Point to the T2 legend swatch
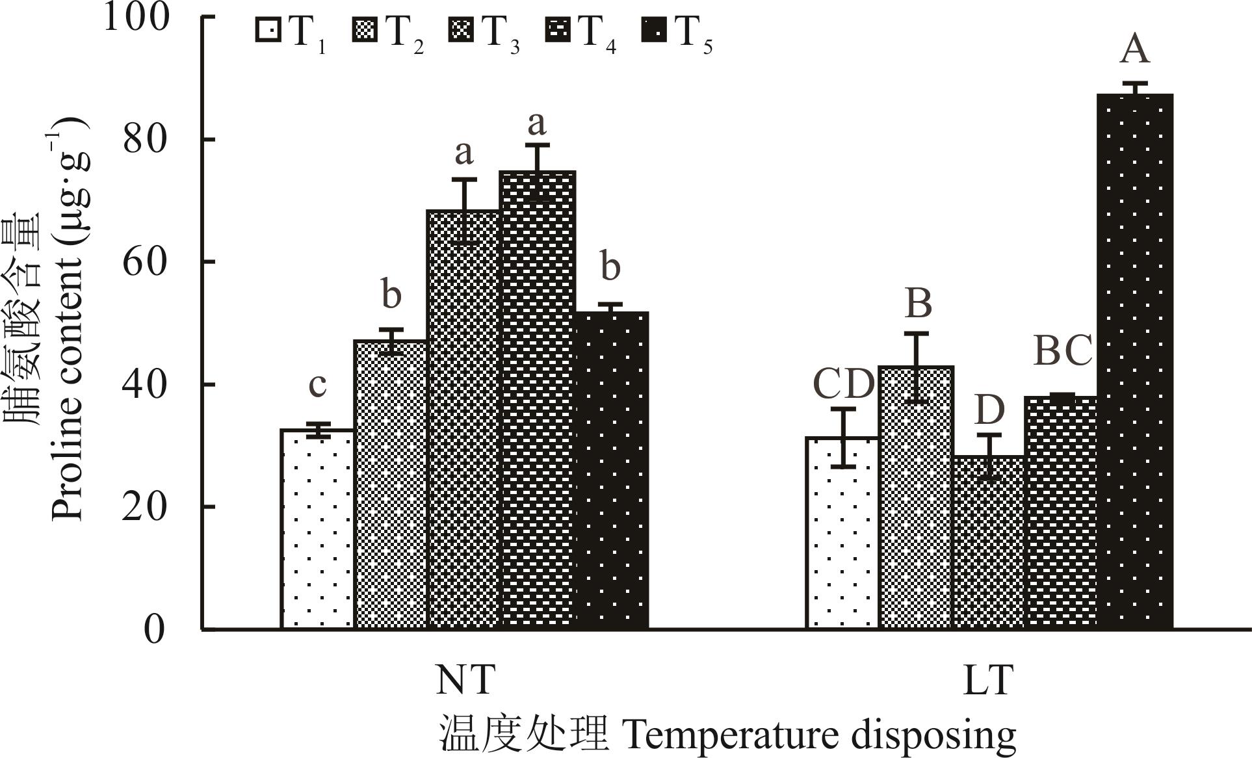click(x=365, y=31)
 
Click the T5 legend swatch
click(x=655, y=31)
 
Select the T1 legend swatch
click(x=268, y=31)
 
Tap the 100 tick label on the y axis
click(x=137, y=18)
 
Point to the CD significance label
click(x=844, y=384)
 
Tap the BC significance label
click(x=1063, y=351)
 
